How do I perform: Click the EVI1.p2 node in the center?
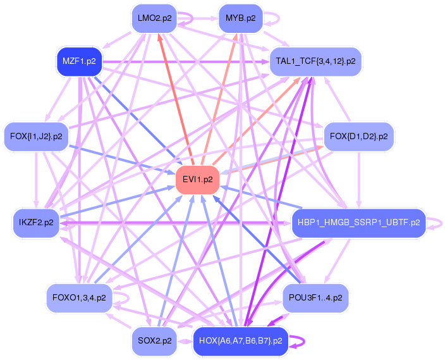click(197, 180)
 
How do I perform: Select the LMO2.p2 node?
click(154, 18)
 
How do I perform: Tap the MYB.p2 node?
click(240, 18)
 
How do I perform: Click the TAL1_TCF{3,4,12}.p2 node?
click(316, 61)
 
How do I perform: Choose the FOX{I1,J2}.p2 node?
click(37, 136)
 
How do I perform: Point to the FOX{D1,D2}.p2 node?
click(359, 136)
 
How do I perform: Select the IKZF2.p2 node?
click(36, 222)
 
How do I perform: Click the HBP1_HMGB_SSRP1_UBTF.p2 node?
click(357, 222)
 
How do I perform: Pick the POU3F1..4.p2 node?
click(315, 296)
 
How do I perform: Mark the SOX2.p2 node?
click(154, 340)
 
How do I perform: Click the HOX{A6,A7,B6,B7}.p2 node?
click(240, 340)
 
